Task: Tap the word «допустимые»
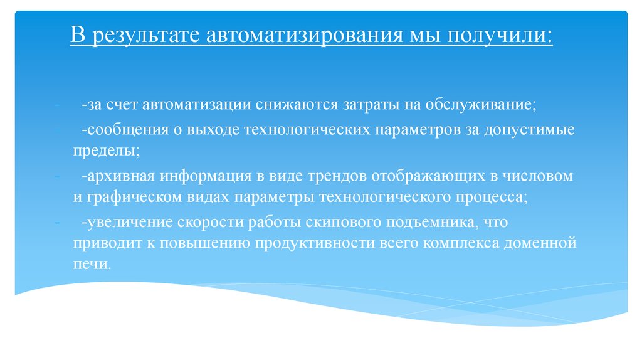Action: click(x=537, y=130)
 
